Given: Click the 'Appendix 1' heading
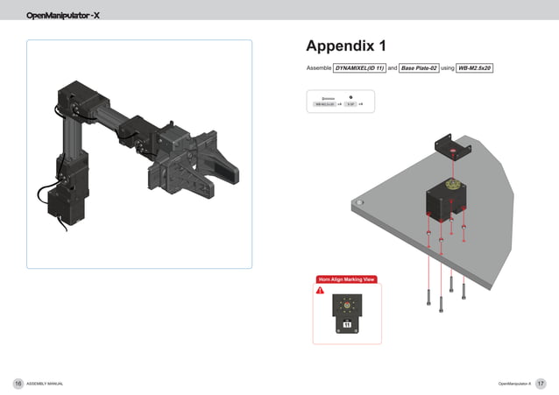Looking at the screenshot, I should pos(346,46).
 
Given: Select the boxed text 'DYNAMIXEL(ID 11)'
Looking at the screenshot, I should pos(360,67).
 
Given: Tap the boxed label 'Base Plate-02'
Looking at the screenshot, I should pos(419,67).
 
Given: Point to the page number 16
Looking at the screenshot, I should pos(18,384).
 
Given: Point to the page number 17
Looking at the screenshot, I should pos(541,384).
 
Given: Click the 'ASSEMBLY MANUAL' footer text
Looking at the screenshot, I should pos(45,384).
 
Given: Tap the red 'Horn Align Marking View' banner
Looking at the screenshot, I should pos(346,279).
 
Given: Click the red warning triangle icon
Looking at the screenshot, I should pos(321,291).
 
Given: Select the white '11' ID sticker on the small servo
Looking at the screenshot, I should pos(347,325).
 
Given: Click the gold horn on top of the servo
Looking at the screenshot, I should pos(452,186).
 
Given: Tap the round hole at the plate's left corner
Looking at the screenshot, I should pos(357,203).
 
